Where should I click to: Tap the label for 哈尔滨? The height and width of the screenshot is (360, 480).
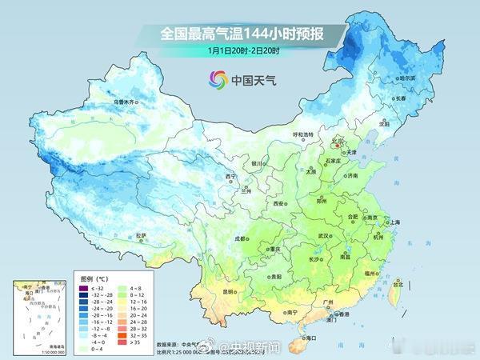click(407, 78)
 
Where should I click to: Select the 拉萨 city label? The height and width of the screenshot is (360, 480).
click(141, 235)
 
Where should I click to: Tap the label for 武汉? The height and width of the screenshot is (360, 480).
click(325, 236)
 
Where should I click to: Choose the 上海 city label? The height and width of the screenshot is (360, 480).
click(393, 222)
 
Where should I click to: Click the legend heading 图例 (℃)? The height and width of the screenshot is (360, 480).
click(94, 277)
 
